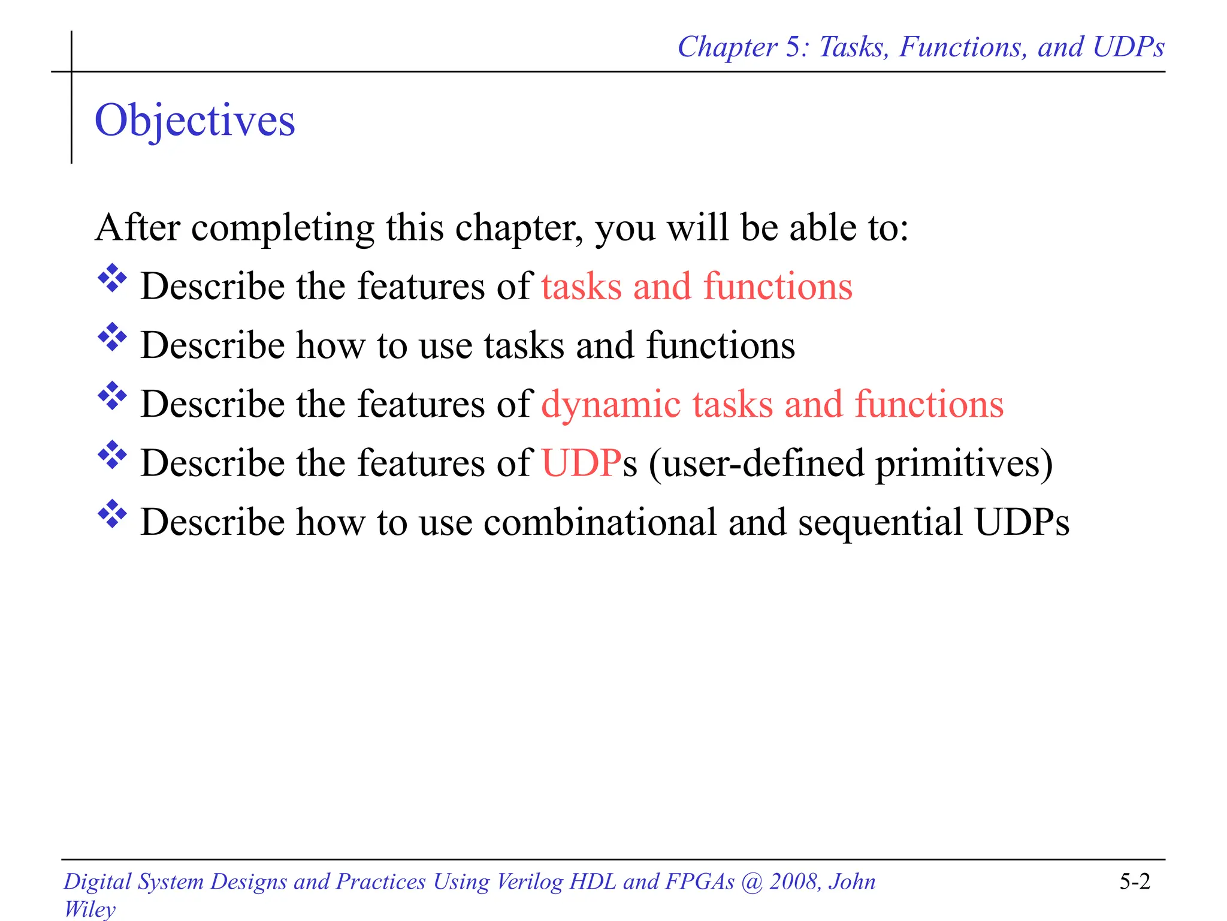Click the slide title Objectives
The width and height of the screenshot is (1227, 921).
coord(195,121)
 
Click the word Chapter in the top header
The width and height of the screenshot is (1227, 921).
coord(727,47)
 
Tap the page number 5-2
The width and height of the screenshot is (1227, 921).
coord(1135,881)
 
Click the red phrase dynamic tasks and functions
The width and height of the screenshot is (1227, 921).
coord(772,404)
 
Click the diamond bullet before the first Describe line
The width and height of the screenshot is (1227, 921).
coord(112,279)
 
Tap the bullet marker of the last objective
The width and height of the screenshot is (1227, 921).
coord(112,514)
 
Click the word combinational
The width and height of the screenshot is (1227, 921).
coord(600,522)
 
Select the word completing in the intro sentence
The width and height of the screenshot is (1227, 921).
coord(282,228)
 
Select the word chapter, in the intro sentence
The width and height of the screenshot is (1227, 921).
coord(519,228)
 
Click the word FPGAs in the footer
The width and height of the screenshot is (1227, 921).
coord(700,881)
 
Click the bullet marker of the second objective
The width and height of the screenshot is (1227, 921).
coord(112,338)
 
